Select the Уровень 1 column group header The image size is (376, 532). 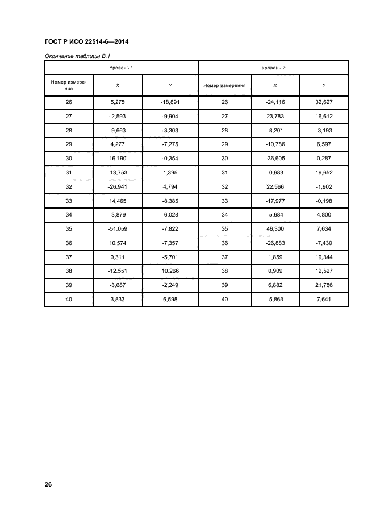click(122, 68)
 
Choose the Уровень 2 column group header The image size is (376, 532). click(273, 68)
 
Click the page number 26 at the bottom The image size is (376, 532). click(48, 485)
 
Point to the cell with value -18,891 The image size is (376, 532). click(170, 102)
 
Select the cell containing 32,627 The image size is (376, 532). click(324, 102)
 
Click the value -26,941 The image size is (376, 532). click(118, 186)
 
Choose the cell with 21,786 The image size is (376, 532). click(324, 284)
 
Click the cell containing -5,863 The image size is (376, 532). click(275, 299)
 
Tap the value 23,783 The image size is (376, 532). click(275, 117)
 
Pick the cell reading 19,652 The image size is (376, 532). click(324, 172)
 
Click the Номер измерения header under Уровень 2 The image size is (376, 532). click(224, 85)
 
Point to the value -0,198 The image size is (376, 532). click(324, 201)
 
